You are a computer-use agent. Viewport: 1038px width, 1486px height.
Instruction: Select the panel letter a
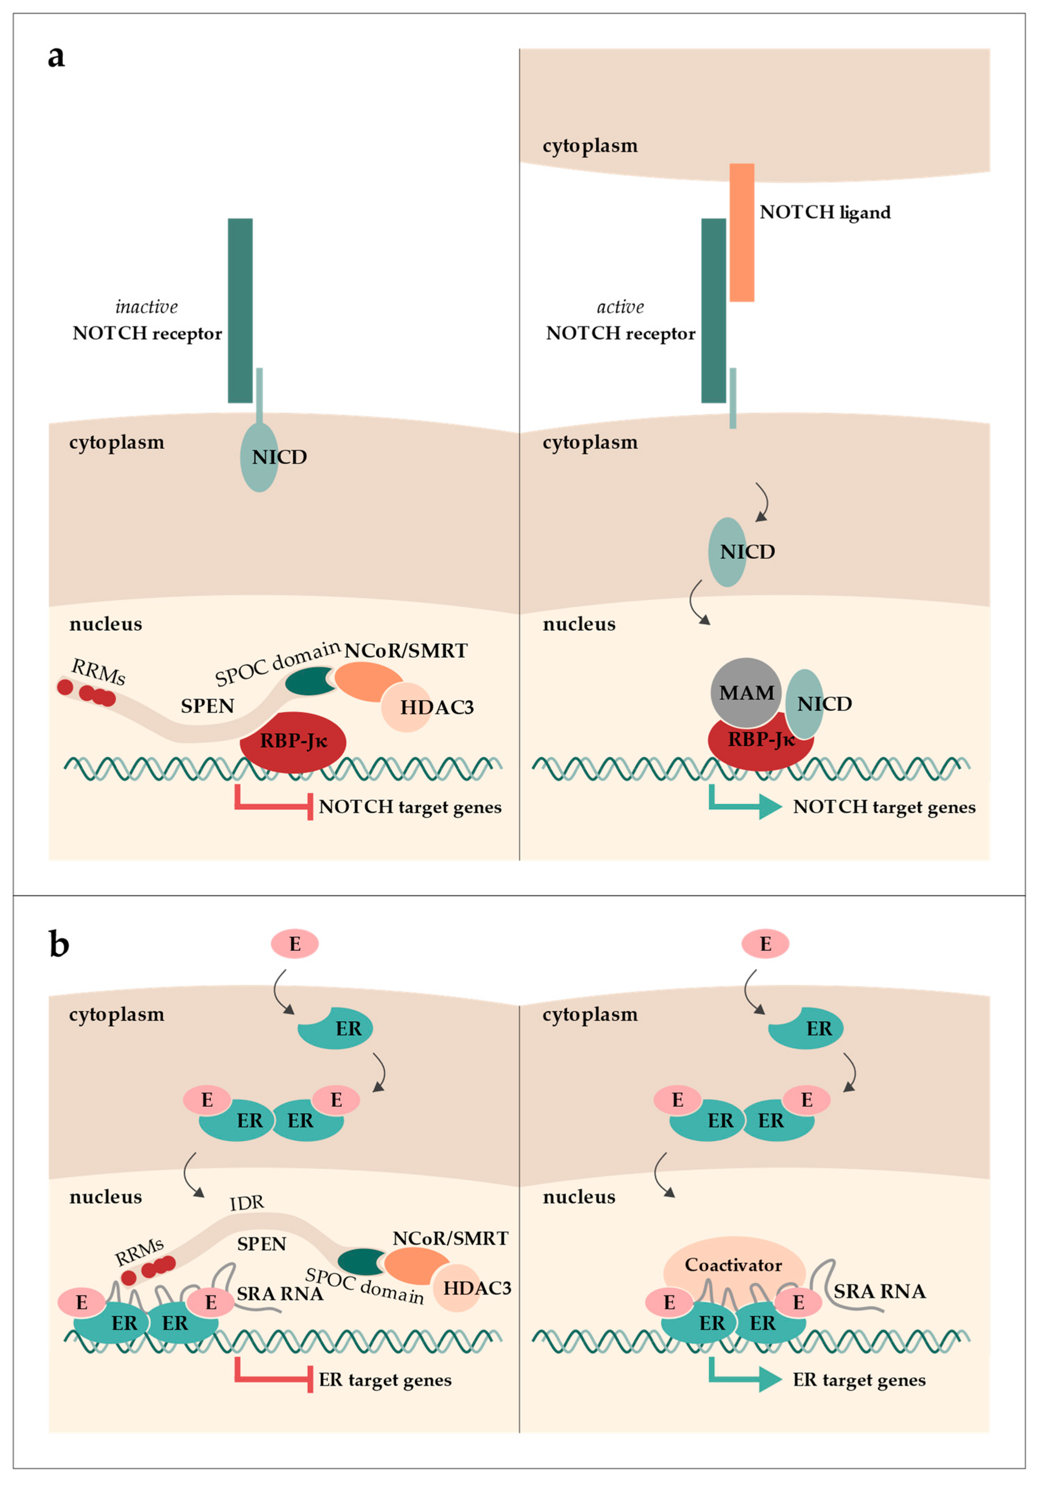tap(56, 56)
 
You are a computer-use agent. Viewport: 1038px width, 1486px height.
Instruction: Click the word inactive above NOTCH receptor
tap(146, 307)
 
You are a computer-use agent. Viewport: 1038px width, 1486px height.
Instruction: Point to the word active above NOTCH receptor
tap(620, 307)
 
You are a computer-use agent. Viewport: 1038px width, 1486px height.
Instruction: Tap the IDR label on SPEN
tap(247, 1203)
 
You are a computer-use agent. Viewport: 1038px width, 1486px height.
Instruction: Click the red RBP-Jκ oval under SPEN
tap(293, 741)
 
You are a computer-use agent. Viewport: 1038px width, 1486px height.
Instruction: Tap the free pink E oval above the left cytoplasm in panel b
tap(295, 944)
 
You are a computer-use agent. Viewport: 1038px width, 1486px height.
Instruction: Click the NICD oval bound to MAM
tap(805, 703)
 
